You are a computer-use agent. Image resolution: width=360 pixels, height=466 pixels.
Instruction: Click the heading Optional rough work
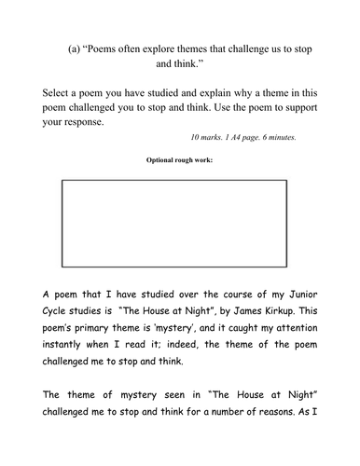180,160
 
